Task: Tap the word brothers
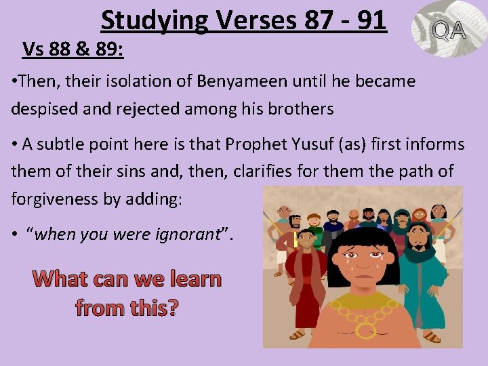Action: pos(304,109)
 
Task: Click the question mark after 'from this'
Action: pos(172,308)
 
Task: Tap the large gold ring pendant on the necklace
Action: pos(367,329)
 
